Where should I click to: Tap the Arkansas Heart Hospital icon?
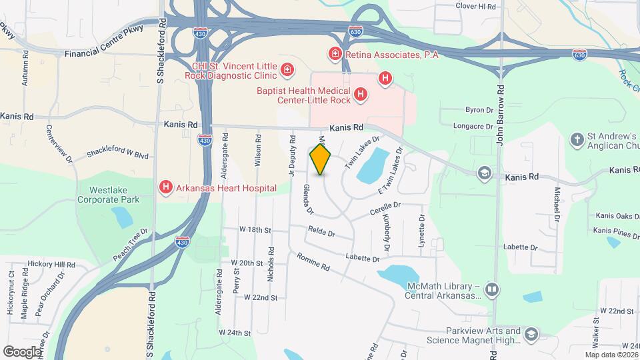click(165, 189)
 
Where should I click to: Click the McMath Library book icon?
click(491, 290)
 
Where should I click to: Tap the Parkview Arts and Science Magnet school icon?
click(531, 334)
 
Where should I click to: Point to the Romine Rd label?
click(313, 263)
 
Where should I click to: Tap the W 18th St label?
click(256, 230)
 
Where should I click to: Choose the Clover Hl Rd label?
click(475, 7)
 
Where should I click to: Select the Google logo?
click(21, 351)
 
